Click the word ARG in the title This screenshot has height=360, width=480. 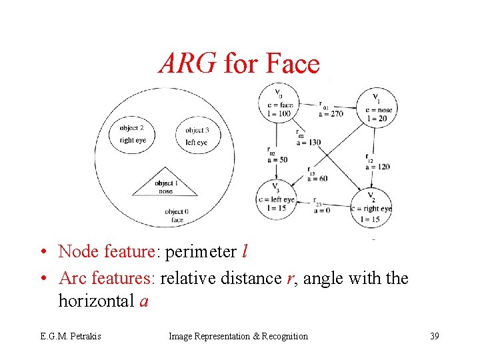pyautogui.click(x=187, y=64)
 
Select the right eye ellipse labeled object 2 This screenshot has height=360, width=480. pyautogui.click(x=132, y=134)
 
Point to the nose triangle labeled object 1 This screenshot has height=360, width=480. pyautogui.click(x=165, y=185)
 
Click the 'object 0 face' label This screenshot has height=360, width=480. pyautogui.click(x=177, y=215)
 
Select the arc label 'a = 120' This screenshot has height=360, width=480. pyautogui.click(x=377, y=167)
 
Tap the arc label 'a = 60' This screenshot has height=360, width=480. pyautogui.click(x=318, y=178)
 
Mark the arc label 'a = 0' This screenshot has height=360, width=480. pyautogui.click(x=322, y=210)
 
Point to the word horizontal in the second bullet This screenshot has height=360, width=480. pyautogui.click(x=97, y=301)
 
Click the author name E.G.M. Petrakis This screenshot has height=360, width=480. pyautogui.click(x=69, y=336)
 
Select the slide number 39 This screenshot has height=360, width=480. pyautogui.click(x=434, y=336)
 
